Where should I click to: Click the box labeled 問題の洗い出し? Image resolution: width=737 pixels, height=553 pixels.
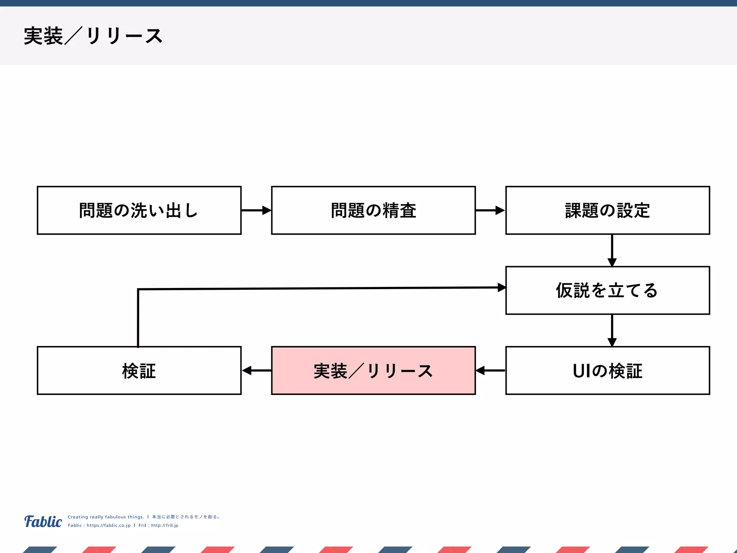click(139, 210)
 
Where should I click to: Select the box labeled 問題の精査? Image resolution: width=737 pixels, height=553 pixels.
click(373, 210)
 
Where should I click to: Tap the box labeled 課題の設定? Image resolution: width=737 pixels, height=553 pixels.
click(607, 210)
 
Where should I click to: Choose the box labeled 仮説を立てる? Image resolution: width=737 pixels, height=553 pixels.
click(607, 290)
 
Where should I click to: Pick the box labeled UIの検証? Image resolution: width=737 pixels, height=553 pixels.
click(607, 370)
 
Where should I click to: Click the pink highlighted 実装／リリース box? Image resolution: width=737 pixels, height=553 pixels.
click(373, 370)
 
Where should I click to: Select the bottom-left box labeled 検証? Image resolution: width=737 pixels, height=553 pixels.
click(139, 370)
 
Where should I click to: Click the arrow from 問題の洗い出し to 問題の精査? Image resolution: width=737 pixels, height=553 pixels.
click(256, 210)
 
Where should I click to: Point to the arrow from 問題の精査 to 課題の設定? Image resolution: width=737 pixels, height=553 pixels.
click(490, 210)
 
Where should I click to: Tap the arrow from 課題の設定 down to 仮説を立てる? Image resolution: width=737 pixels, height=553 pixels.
click(612, 250)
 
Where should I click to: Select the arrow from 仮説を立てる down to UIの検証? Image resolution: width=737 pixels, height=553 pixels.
click(612, 330)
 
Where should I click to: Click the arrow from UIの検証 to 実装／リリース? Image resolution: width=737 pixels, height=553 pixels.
click(490, 370)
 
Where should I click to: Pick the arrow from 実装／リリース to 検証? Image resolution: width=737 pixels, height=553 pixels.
click(256, 370)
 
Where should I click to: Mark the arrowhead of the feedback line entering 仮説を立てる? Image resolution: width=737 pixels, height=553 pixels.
click(502, 287)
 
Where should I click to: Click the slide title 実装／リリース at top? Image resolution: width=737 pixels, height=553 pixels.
click(93, 36)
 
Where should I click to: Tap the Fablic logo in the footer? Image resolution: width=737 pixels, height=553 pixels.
click(43, 521)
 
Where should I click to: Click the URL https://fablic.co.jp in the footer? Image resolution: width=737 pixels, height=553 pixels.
click(108, 525)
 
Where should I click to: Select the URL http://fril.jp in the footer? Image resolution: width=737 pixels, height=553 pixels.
click(164, 525)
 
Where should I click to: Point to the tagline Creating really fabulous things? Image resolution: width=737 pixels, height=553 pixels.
click(105, 517)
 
